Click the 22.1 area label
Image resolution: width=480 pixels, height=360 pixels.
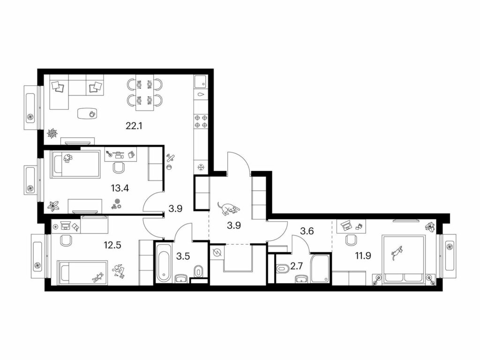135,126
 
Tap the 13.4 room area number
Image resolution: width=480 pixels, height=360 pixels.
120,188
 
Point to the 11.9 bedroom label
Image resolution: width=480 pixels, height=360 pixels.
363,255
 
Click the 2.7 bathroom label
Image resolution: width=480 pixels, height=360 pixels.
296,266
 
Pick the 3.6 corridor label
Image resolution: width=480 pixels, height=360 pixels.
307,231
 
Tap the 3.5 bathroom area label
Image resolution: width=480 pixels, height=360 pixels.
183,256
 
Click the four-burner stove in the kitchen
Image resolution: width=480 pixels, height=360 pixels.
201,121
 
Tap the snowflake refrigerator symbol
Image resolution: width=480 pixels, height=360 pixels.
201,167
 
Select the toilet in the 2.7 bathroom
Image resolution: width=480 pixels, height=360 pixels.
283,269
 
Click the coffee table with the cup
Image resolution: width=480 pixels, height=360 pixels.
88,114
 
